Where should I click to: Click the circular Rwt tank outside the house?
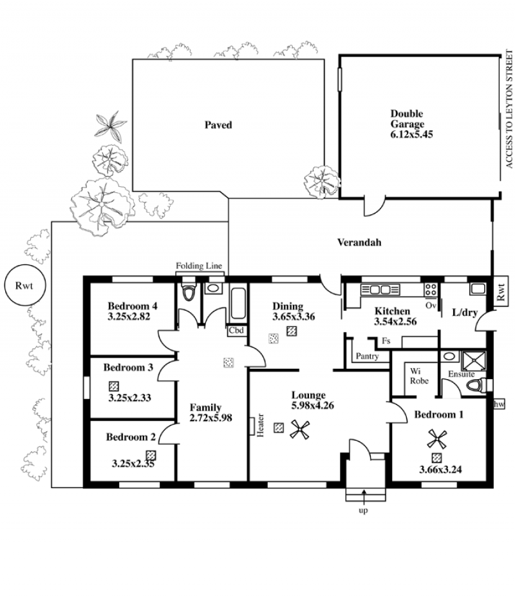click(24, 285)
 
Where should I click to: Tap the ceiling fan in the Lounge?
click(300, 430)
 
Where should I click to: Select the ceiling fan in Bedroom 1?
click(437, 439)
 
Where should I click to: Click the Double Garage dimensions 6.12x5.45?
click(411, 134)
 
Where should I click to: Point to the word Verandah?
click(359, 242)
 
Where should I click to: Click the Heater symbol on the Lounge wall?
click(252, 426)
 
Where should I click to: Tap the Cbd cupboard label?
click(236, 331)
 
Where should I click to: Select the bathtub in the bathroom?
click(239, 304)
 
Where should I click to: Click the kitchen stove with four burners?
click(431, 289)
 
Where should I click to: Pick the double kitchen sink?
click(380, 289)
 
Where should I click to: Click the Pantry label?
click(367, 357)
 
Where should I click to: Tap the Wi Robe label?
click(419, 376)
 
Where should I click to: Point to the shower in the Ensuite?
click(474, 361)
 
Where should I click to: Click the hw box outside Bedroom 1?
click(499, 404)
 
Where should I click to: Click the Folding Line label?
click(199, 266)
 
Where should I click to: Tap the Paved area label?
click(218, 125)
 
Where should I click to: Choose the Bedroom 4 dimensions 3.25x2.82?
click(129, 317)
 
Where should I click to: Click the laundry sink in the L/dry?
click(478, 289)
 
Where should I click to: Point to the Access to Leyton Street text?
click(509, 109)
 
